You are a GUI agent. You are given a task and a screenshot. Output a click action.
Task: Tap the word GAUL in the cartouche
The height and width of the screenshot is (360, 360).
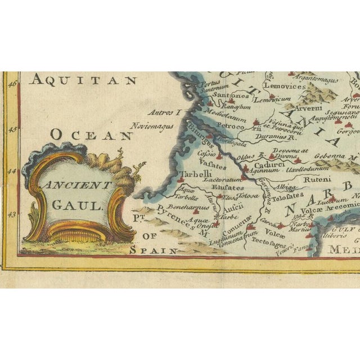point(78,205)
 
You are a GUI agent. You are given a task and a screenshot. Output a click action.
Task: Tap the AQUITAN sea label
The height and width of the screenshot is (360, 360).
point(83,80)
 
